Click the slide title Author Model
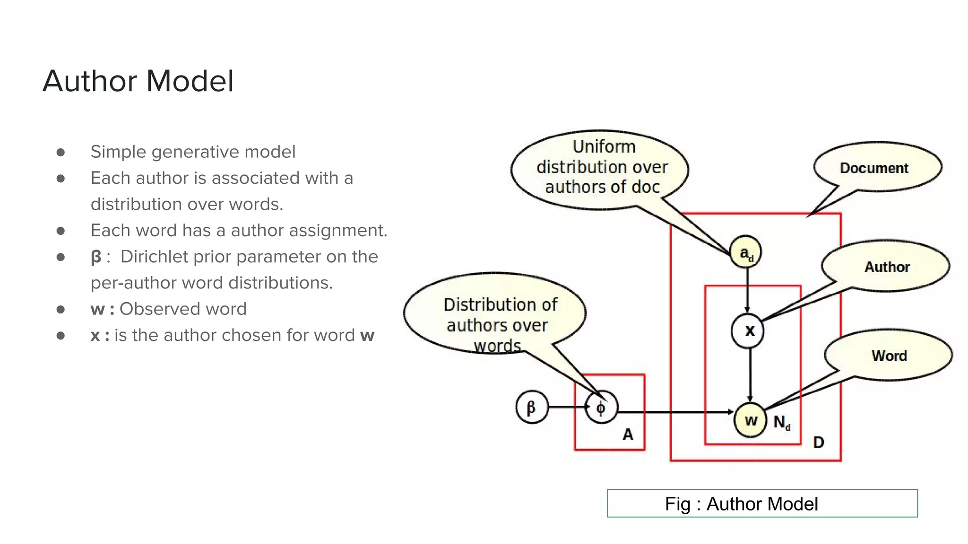(x=138, y=81)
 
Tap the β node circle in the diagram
(x=532, y=407)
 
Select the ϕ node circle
(x=601, y=408)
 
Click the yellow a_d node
(x=745, y=252)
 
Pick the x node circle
(x=748, y=331)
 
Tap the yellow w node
(x=750, y=420)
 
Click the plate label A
(x=627, y=434)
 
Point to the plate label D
(x=818, y=442)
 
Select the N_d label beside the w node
(x=781, y=422)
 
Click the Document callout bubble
(x=874, y=168)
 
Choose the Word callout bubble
(x=889, y=356)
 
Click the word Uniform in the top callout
(x=604, y=147)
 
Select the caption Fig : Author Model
(x=741, y=504)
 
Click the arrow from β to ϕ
(x=567, y=407)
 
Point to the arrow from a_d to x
(x=747, y=290)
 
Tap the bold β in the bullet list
(x=96, y=257)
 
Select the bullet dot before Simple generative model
(x=60, y=152)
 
